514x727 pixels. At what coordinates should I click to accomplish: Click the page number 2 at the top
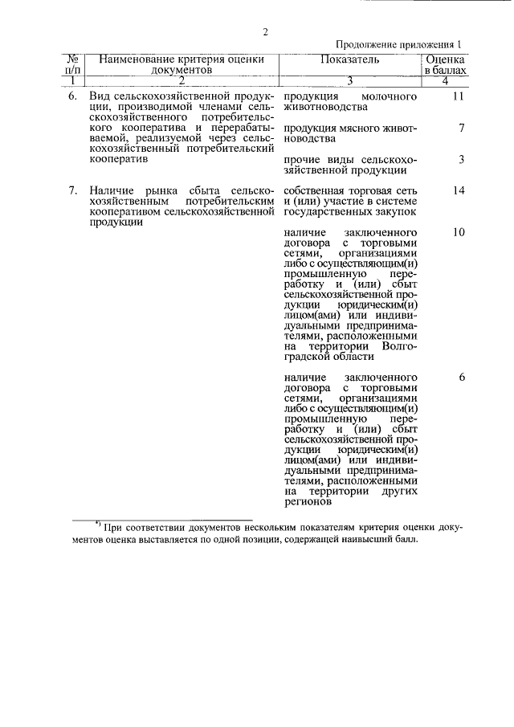[263, 32]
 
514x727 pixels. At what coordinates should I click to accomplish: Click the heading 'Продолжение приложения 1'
[399, 46]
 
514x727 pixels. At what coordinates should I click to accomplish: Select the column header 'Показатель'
[349, 59]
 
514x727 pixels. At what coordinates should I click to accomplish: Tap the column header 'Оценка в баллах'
[444, 65]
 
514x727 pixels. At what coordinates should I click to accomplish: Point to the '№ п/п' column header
[71, 65]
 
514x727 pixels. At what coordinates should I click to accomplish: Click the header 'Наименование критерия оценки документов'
[182, 65]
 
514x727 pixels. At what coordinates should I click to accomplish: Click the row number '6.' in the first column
[72, 97]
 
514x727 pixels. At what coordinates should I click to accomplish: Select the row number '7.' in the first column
[72, 190]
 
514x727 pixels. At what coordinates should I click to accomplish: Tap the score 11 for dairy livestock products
[459, 97]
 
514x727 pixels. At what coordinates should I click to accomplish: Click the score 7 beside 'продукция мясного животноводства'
[461, 128]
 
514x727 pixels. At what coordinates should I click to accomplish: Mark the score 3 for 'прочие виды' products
[461, 159]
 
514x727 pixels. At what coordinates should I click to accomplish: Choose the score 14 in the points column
[459, 190]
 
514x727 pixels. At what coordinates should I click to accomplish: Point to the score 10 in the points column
[459, 232]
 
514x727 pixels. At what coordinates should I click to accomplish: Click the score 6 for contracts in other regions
[461, 377]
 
